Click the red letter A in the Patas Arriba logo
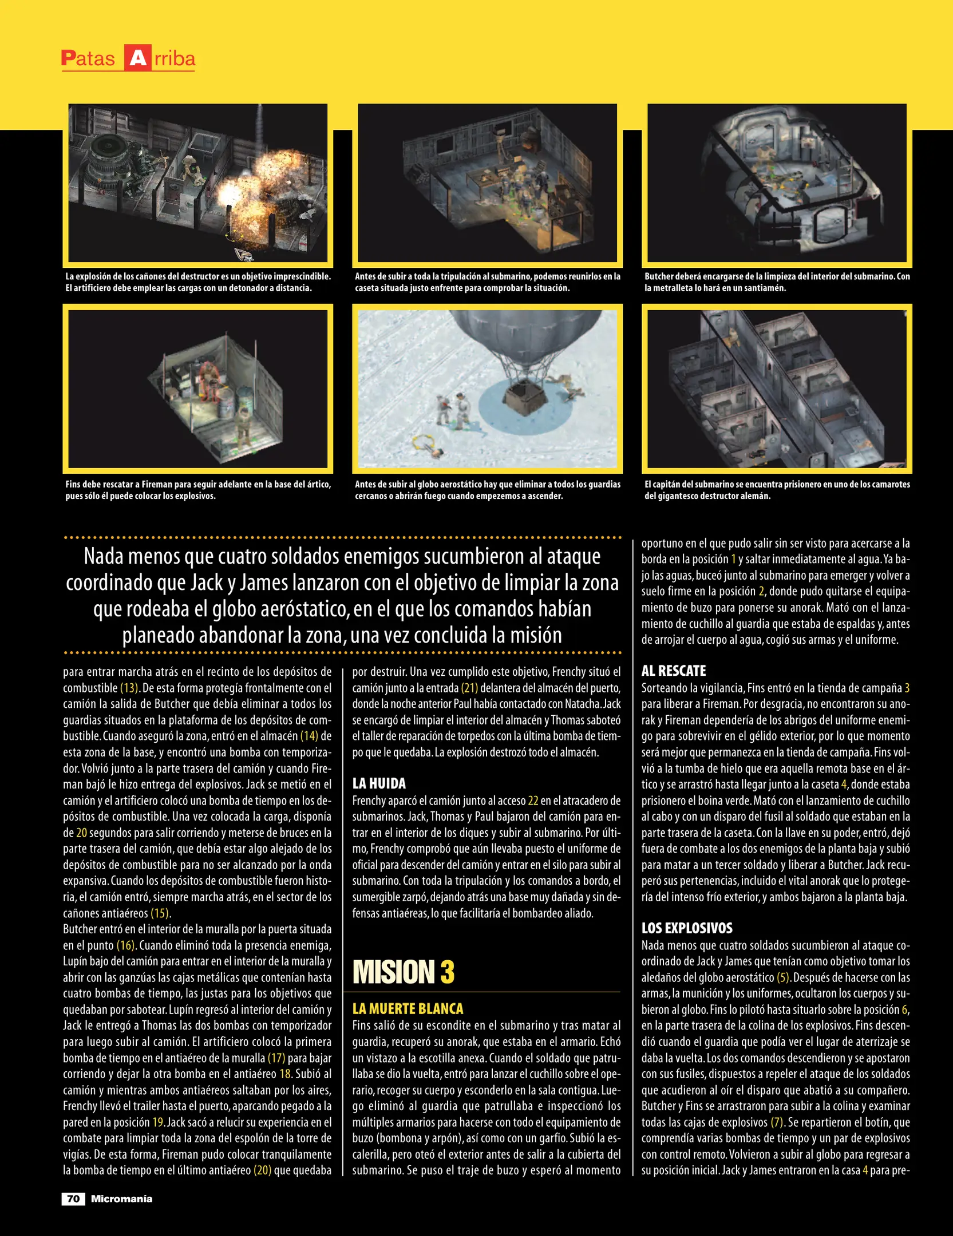coord(137,58)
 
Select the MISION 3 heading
coord(404,972)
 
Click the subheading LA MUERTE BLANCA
coord(408,1009)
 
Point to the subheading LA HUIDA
coord(379,783)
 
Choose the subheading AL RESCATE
coord(674,671)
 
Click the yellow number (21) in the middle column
coord(469,688)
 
